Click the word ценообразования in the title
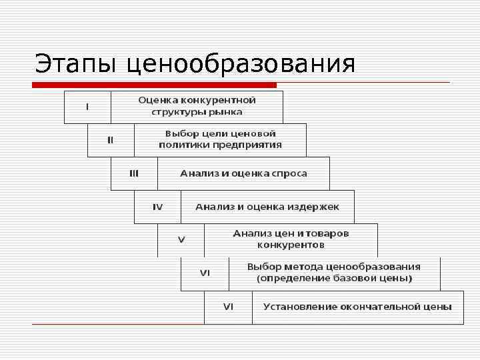pyautogui.click(x=241, y=65)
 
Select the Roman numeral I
pyautogui.click(x=87, y=107)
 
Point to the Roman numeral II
pyautogui.click(x=111, y=140)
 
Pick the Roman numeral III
pyautogui.click(x=134, y=173)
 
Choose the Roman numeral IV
pyautogui.click(x=157, y=207)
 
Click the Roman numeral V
pyautogui.click(x=181, y=240)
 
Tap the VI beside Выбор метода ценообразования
pyautogui.click(x=205, y=273)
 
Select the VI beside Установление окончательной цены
pyautogui.click(x=228, y=307)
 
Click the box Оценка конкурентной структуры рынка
pyautogui.click(x=197, y=107)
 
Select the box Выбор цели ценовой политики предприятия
pyautogui.click(x=220, y=140)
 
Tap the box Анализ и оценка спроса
pyautogui.click(x=243, y=173)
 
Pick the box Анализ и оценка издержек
pyautogui.click(x=267, y=207)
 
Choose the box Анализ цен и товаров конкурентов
pyautogui.click(x=291, y=240)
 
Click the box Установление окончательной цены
pyautogui.click(x=357, y=307)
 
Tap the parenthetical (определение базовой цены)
pyautogui.click(x=334, y=279)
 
